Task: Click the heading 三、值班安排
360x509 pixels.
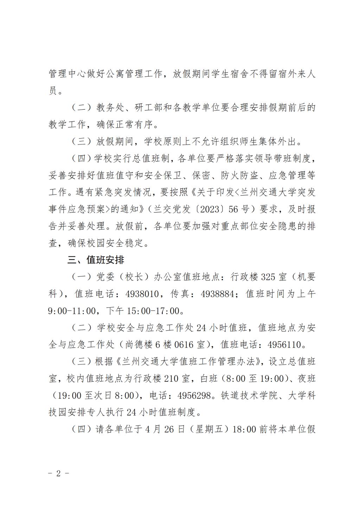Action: (96, 260)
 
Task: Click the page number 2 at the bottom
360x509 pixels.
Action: (58, 473)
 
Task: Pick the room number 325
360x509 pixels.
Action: (268, 277)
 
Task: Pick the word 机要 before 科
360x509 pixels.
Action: (307, 277)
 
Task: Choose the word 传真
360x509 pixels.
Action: (180, 294)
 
